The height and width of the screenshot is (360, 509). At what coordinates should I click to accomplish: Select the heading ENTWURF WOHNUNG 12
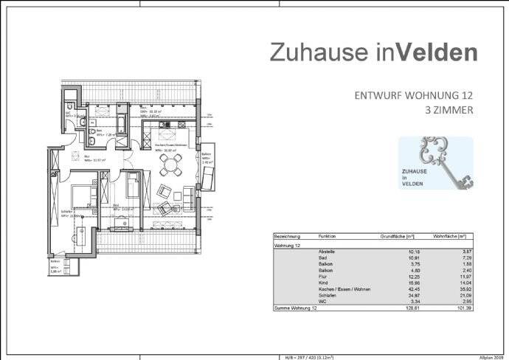pos(413,96)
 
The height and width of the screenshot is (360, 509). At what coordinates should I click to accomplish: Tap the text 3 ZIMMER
pos(449,111)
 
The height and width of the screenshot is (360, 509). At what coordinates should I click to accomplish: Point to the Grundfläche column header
pos(397,236)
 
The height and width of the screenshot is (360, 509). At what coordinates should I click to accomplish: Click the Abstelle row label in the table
pos(328,252)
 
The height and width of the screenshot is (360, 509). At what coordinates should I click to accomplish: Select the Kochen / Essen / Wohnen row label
pos(346,289)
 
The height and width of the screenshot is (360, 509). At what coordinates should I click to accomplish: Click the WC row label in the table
pos(322,302)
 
